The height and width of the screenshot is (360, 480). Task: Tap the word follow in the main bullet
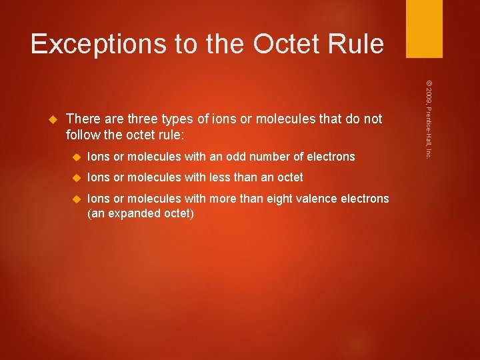pyautogui.click(x=83, y=135)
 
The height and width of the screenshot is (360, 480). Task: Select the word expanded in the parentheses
pyautogui.click(x=135, y=213)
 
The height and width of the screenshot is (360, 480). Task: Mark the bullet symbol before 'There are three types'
pyautogui.click(x=55, y=119)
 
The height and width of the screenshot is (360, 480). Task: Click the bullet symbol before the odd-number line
pyautogui.click(x=76, y=157)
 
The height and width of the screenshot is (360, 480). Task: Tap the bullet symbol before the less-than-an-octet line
pyautogui.click(x=76, y=178)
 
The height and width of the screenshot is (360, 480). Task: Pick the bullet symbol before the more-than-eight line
pyautogui.click(x=76, y=199)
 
